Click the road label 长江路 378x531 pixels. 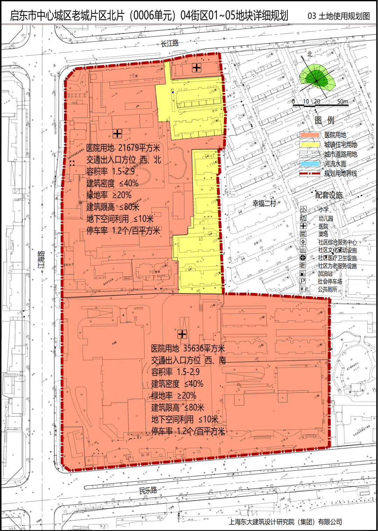170,43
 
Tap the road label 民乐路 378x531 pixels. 148,490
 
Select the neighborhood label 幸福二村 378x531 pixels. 264,203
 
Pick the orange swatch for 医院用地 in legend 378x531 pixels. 310,135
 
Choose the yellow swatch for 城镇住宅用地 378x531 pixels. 310,144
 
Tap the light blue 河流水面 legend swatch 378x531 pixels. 310,164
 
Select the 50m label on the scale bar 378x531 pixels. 343,101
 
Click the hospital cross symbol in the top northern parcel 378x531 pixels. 197,68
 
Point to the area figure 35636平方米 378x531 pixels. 204,348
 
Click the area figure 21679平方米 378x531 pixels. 139,148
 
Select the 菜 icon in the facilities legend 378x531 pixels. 303,234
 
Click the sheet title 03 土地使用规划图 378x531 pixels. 338,16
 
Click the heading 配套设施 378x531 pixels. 329,195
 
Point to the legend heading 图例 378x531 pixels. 324,120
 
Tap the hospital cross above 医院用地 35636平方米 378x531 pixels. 182,334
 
